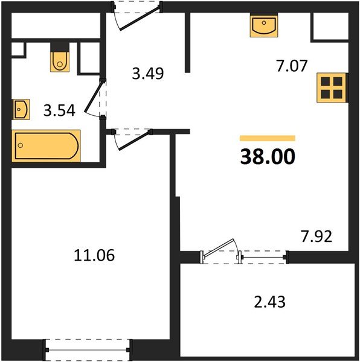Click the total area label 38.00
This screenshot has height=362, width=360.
tap(268, 156)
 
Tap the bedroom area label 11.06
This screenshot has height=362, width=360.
tap(94, 255)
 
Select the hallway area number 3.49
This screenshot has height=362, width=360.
tap(148, 74)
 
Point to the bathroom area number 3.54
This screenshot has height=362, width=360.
tap(59, 110)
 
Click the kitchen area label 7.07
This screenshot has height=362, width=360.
tap(292, 66)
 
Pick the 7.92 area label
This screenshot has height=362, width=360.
tap(317, 236)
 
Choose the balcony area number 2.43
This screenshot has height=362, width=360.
tap(269, 302)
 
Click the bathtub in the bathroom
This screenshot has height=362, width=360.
tap(47, 145)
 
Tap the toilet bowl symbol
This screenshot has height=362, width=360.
tap(60, 62)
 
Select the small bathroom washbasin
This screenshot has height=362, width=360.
tap(21, 109)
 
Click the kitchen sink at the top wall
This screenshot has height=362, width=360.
tap(264, 25)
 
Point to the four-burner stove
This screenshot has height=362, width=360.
tap(332, 87)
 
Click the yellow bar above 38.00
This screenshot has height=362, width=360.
tap(268, 138)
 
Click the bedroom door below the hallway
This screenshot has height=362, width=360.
tap(133, 139)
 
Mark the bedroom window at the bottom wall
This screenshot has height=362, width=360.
tap(88, 350)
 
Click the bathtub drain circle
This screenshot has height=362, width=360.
tap(21, 145)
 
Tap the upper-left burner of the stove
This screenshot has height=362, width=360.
tap(326, 81)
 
